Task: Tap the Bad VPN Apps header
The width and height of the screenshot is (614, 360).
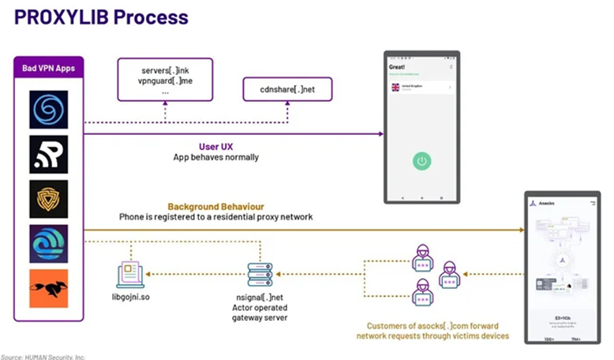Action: (x=48, y=67)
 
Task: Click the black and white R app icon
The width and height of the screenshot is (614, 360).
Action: (x=49, y=154)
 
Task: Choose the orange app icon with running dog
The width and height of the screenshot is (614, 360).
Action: (x=49, y=289)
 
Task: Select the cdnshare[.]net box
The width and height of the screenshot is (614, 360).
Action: (x=287, y=89)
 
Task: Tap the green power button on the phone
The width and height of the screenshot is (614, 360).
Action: (x=422, y=161)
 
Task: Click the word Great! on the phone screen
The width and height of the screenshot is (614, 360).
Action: (x=397, y=67)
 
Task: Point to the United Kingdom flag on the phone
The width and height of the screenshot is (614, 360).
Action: (x=395, y=88)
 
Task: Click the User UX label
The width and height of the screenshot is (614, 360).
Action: (x=215, y=146)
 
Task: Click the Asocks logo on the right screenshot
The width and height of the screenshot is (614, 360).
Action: (x=534, y=203)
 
